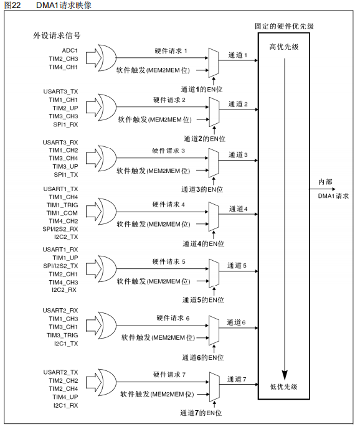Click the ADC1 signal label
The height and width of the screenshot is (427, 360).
tap(69, 49)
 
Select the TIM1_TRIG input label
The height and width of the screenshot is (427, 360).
tap(63, 205)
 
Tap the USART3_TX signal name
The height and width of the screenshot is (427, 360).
tap(61, 91)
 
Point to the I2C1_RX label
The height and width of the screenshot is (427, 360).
tap(65, 405)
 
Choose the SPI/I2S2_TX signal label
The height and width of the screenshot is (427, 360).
tap(60, 266)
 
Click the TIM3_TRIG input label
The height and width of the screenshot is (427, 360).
tap(63, 335)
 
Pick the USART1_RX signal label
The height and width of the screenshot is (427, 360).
tap(61, 249)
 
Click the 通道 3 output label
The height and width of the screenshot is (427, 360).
tap(238, 154)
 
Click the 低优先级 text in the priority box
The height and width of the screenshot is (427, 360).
tap(283, 387)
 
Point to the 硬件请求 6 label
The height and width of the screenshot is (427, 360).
tap(170, 318)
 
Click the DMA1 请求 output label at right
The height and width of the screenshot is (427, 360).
tap(333, 195)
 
